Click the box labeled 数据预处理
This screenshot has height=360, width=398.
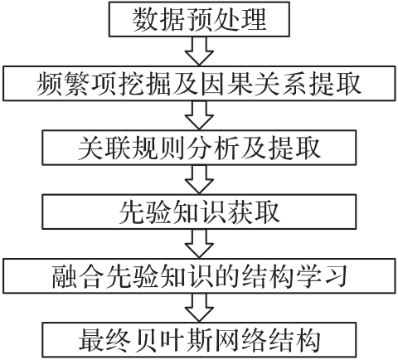click(199, 19)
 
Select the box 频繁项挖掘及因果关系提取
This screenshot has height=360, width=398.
click(199, 83)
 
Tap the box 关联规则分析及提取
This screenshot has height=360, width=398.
click(199, 148)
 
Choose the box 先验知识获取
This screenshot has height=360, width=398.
click(199, 212)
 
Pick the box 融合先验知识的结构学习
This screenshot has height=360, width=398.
click(199, 275)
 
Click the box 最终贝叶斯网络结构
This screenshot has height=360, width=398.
click(199, 340)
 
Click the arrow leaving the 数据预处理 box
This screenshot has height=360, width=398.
click(199, 51)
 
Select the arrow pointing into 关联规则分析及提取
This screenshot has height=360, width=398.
click(199, 115)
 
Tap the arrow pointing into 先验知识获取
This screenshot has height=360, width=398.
click(199, 180)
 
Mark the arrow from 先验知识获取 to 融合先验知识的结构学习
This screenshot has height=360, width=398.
click(199, 244)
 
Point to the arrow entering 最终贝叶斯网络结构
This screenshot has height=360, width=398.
click(199, 308)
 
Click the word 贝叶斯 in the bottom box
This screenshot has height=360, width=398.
click(174, 340)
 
